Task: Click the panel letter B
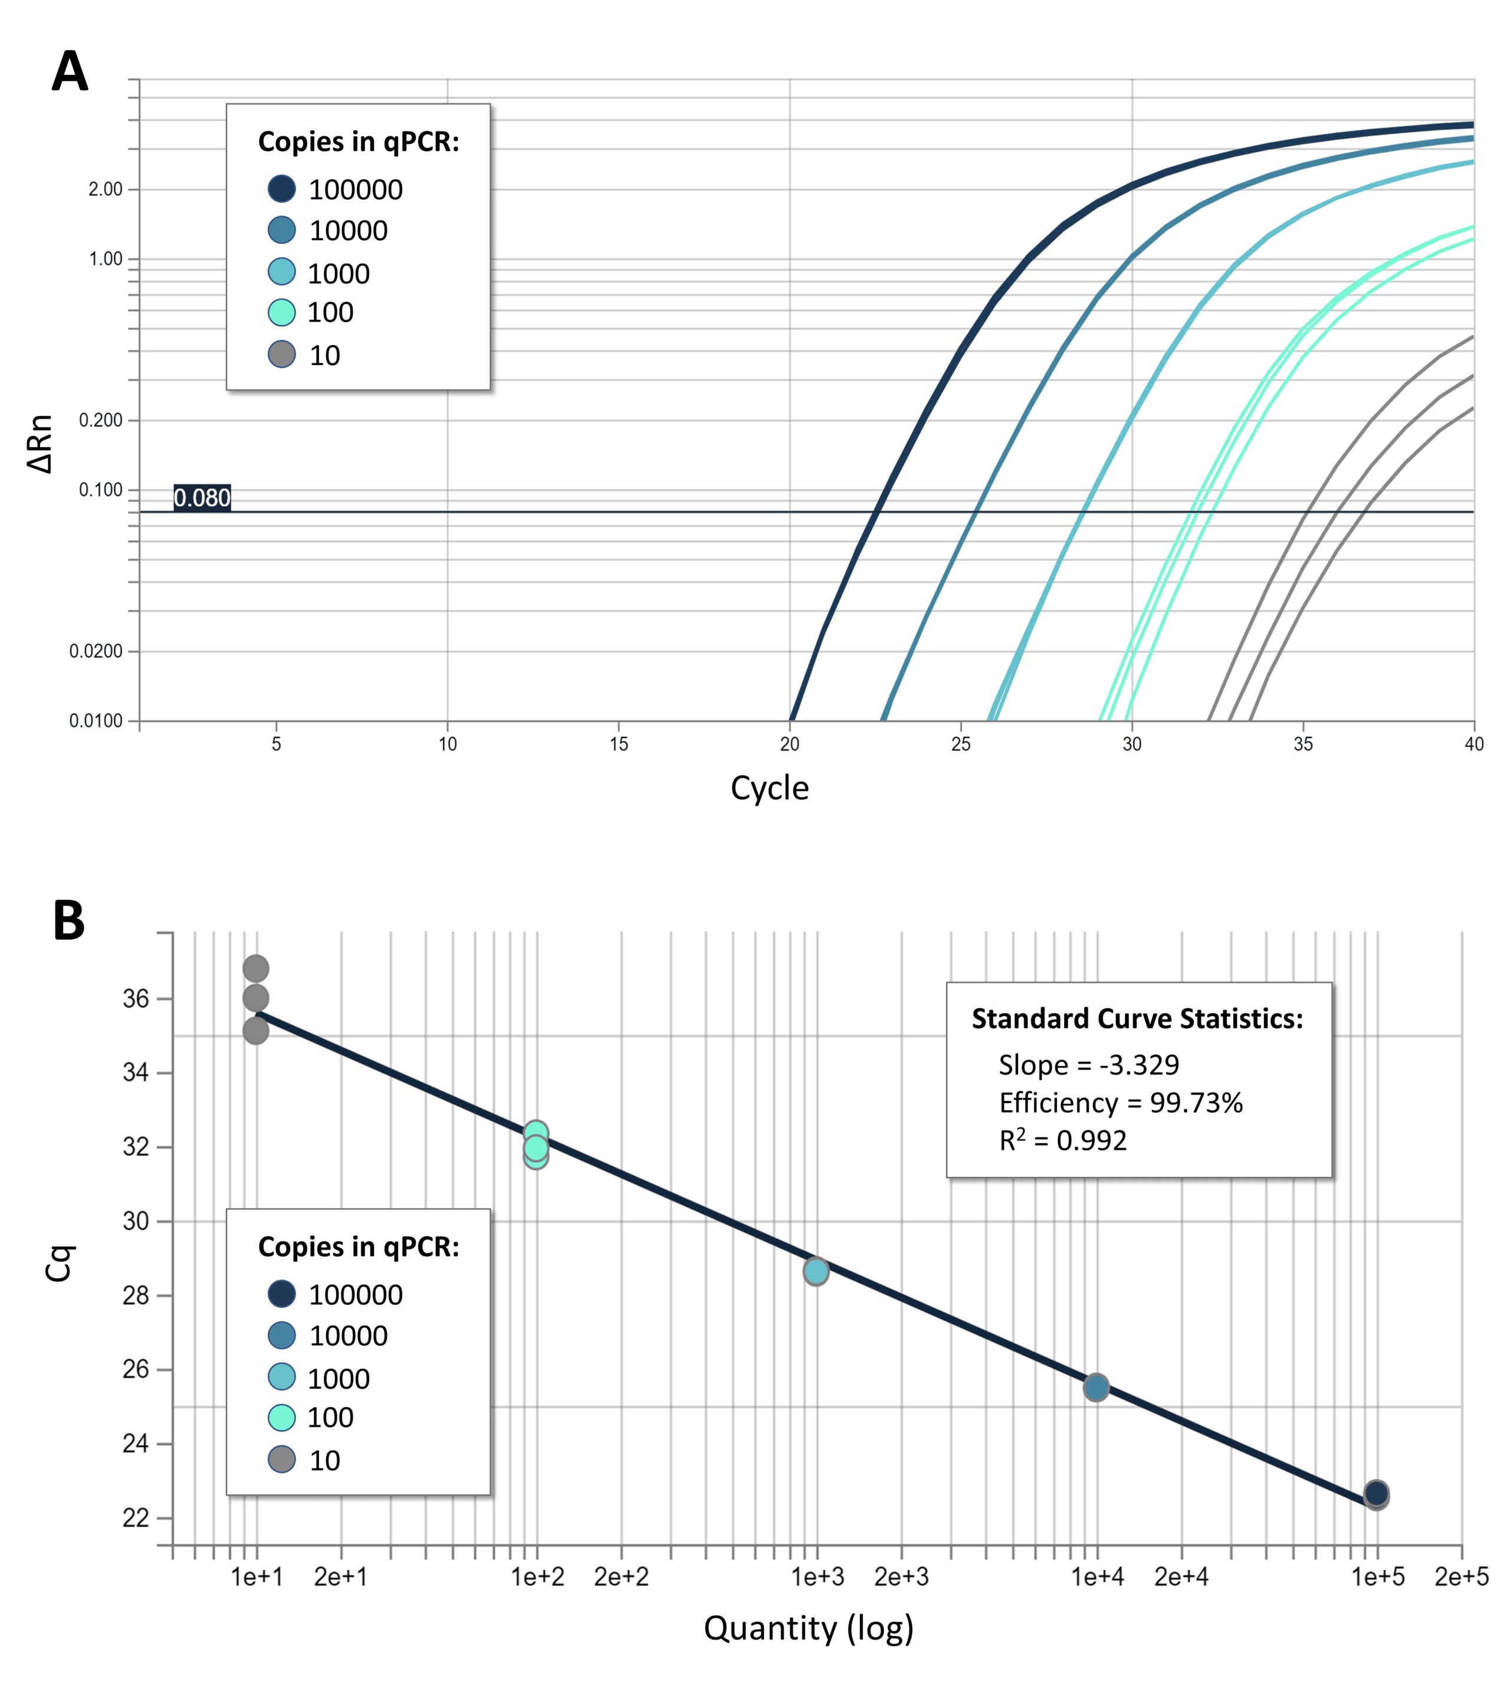(69, 921)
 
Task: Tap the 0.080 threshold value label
(202, 498)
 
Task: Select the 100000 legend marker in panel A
(282, 189)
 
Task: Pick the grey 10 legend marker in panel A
(282, 355)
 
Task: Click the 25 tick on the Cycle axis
(961, 744)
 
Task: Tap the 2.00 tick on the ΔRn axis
(106, 189)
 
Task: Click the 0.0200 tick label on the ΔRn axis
(96, 651)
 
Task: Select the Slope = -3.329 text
(1089, 1065)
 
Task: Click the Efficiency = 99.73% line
(1120, 1103)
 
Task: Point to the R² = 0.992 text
(1063, 1140)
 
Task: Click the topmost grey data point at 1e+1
(256, 968)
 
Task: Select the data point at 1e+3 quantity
(816, 1271)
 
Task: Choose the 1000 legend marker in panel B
(282, 1376)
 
